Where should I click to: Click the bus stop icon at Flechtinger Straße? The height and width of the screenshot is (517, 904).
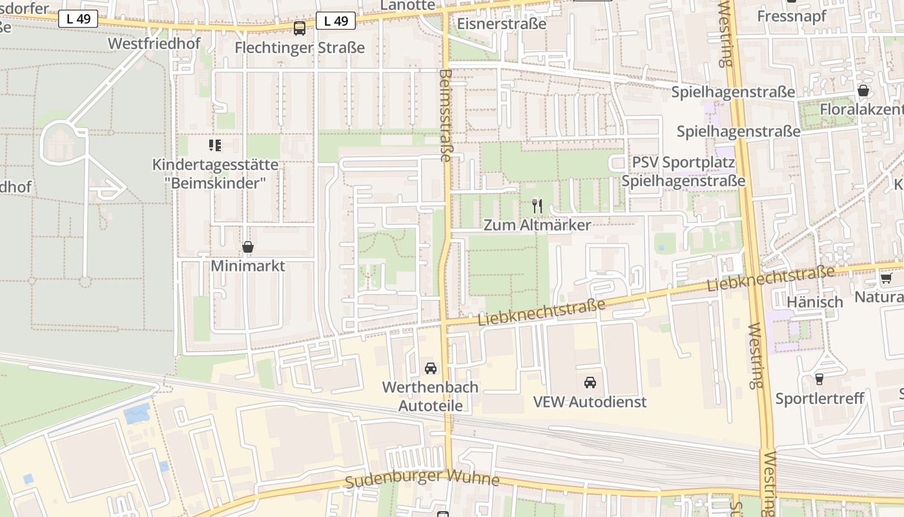coord(300,28)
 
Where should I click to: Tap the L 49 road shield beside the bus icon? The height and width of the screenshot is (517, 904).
coord(336,21)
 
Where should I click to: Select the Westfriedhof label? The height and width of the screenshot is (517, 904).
coord(154,43)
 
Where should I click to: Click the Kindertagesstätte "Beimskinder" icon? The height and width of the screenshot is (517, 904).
coord(215,145)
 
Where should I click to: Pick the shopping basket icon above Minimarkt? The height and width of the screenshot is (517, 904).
coord(247,247)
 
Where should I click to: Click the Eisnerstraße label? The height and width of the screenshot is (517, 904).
coord(501,24)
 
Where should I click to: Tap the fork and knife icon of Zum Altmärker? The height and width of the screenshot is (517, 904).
coord(537,206)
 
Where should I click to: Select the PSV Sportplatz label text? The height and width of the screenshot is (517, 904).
coord(683,162)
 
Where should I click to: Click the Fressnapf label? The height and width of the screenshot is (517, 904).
coord(792,16)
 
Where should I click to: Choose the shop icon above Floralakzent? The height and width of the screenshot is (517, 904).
coord(863,90)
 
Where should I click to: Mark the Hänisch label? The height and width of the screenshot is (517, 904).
coord(815,302)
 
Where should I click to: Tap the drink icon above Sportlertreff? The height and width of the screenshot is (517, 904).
coord(819,379)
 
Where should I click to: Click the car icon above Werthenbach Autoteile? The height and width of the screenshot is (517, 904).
coord(430,368)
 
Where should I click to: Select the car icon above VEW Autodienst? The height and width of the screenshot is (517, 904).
coord(590,383)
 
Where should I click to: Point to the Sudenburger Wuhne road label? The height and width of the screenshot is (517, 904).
coord(422,479)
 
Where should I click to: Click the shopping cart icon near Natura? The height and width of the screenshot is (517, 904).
coord(886,279)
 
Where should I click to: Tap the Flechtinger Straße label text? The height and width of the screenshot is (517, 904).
coord(300,48)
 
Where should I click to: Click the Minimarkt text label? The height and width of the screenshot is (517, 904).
coord(248,266)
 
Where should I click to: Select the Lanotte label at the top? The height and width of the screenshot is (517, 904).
coord(408,5)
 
